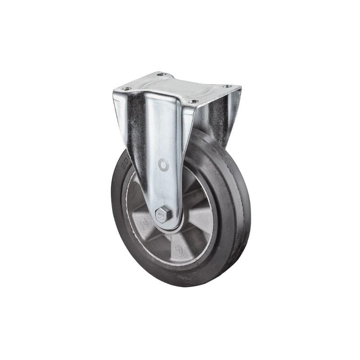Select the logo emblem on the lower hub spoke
tap(179, 249)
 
